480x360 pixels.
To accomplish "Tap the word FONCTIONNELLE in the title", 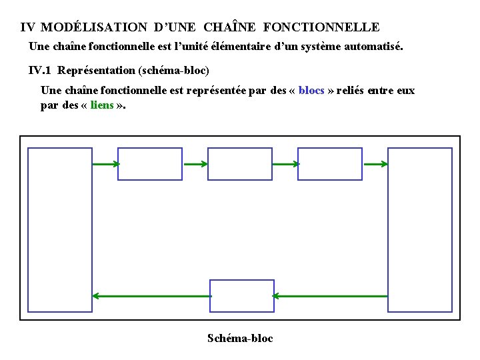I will coord(321,27).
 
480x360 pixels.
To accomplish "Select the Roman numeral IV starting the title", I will coord(28,27).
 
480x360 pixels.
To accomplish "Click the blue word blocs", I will coord(311,91).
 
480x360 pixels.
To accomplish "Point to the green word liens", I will coord(101,106).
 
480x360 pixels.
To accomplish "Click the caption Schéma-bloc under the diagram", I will coord(240,338).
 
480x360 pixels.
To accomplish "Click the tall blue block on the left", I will coord(60,229).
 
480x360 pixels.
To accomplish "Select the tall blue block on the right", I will coord(420,229).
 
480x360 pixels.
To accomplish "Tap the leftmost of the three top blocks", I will coord(150,164).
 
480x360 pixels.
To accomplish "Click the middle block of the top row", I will coord(240,164).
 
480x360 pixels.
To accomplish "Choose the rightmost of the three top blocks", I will coord(330,164).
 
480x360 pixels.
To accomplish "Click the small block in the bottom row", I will coord(242,296).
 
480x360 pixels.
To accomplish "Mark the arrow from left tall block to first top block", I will coord(105,164).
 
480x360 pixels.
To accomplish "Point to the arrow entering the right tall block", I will coord(375,164).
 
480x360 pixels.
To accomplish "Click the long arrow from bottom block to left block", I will coord(151,296).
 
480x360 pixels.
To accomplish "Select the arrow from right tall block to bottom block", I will coord(331,296).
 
